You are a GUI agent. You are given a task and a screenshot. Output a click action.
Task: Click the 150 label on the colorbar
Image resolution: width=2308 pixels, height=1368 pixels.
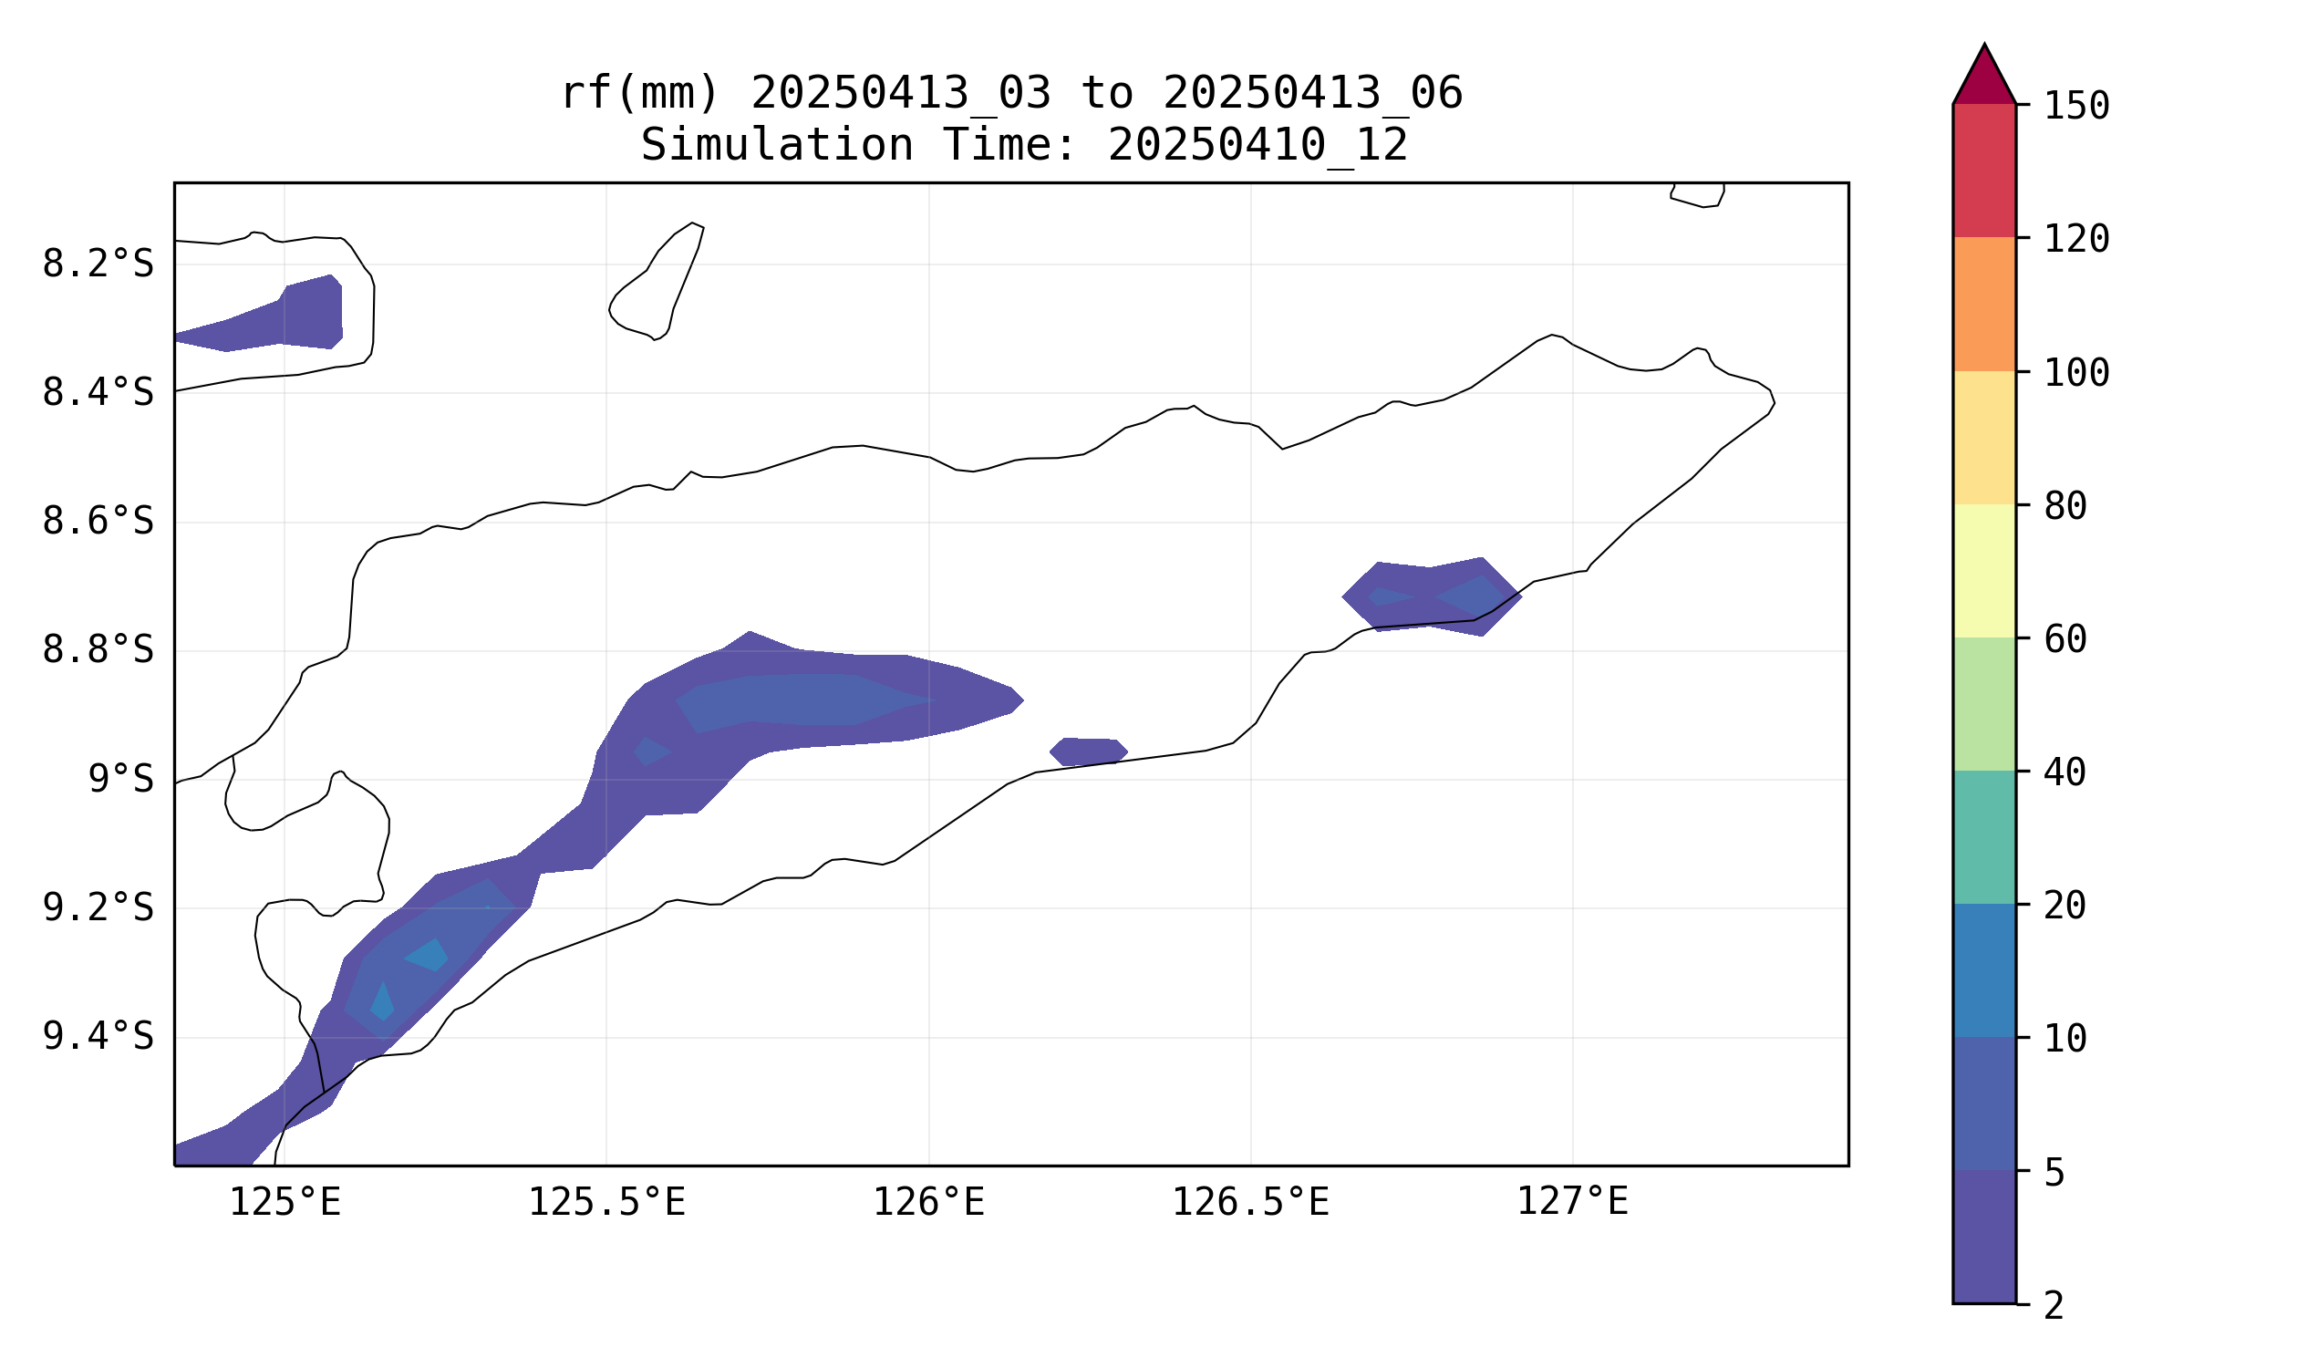click(2076, 107)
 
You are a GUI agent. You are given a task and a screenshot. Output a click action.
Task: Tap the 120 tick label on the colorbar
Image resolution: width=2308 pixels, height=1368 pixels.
click(2076, 240)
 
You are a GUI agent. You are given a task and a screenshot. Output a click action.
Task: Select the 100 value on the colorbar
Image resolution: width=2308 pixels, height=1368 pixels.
click(2076, 373)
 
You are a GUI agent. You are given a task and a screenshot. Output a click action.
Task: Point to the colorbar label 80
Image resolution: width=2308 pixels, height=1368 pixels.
click(2065, 506)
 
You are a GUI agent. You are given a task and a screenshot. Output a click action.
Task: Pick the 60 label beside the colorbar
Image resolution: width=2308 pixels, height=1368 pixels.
click(2065, 639)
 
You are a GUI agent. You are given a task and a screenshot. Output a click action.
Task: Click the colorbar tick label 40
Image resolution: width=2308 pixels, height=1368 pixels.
click(2065, 772)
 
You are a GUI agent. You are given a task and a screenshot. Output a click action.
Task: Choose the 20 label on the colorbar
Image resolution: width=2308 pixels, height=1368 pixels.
click(2065, 907)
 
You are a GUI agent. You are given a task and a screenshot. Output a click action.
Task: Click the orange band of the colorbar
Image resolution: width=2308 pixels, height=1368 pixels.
click(1984, 305)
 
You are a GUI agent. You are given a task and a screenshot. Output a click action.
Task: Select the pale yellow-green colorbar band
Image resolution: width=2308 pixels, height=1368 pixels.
click(1984, 572)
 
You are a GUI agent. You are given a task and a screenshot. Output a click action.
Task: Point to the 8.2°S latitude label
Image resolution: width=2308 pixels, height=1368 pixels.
click(98, 264)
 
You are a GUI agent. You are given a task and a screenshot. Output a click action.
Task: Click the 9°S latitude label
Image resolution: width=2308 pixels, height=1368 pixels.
click(120, 780)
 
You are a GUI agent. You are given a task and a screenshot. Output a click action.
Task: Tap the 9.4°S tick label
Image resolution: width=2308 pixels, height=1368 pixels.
click(98, 1037)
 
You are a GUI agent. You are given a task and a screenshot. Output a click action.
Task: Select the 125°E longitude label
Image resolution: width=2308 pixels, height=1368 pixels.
click(285, 1203)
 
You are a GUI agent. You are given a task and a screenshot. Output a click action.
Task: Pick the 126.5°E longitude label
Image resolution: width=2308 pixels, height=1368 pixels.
click(1250, 1203)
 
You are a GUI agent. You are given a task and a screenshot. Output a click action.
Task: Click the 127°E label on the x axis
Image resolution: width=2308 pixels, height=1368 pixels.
click(1572, 1203)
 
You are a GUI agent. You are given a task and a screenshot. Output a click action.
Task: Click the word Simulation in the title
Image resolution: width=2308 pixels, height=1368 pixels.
click(776, 146)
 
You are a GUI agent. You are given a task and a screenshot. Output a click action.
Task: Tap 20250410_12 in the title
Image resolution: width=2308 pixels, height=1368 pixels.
click(1257, 146)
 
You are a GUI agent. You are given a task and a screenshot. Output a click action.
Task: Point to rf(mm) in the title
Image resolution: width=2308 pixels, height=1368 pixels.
click(639, 94)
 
